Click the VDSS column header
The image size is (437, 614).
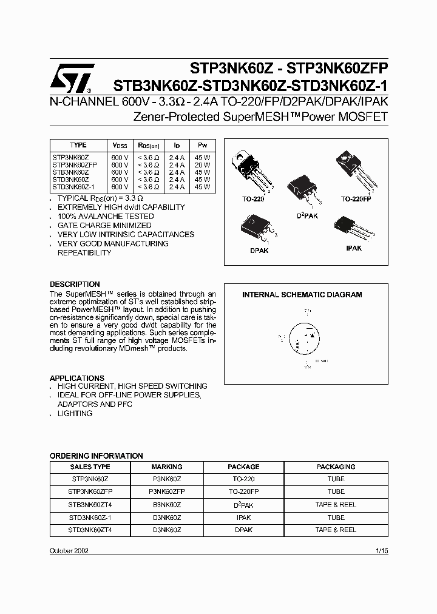click(120, 146)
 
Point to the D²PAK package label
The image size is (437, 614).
click(307, 215)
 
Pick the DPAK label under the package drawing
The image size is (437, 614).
click(259, 250)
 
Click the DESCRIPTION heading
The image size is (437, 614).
click(75, 284)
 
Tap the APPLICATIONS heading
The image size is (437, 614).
click(77, 377)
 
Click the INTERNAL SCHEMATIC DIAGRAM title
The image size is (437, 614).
click(302, 295)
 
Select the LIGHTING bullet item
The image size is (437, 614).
click(75, 413)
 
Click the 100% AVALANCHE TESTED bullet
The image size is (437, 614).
click(106, 216)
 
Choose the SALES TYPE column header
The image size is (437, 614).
click(90, 467)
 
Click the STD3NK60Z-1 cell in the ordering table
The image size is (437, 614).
click(90, 518)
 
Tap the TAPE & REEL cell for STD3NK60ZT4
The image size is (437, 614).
click(336, 530)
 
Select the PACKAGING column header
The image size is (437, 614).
click(336, 467)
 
